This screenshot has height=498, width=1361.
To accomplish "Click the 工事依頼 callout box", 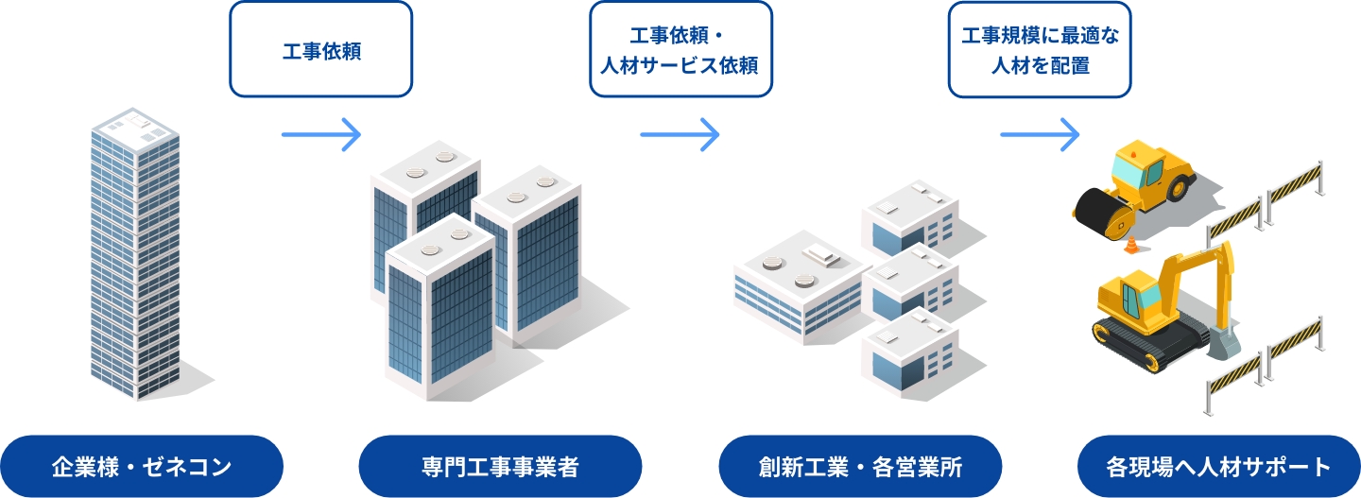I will point(321,49).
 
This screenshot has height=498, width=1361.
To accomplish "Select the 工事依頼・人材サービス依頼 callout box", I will point(680,49).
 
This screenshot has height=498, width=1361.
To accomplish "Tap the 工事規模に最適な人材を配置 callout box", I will point(1040,49).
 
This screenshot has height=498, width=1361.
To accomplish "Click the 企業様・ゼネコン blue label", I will point(142,466).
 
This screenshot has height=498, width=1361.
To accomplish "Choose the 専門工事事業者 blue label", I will point(501,466).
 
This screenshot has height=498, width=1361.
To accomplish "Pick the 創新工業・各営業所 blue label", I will point(860,466).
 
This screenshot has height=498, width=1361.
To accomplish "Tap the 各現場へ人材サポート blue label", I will point(1219,466).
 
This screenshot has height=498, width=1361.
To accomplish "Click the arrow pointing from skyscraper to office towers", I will point(321,134).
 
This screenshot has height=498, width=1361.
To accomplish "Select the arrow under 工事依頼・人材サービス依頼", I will point(680,134).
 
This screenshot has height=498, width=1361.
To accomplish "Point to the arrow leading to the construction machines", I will point(1040,134).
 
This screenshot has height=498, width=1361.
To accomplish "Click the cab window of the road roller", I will point(1127,170).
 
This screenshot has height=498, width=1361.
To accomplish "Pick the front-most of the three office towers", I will point(440,312).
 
